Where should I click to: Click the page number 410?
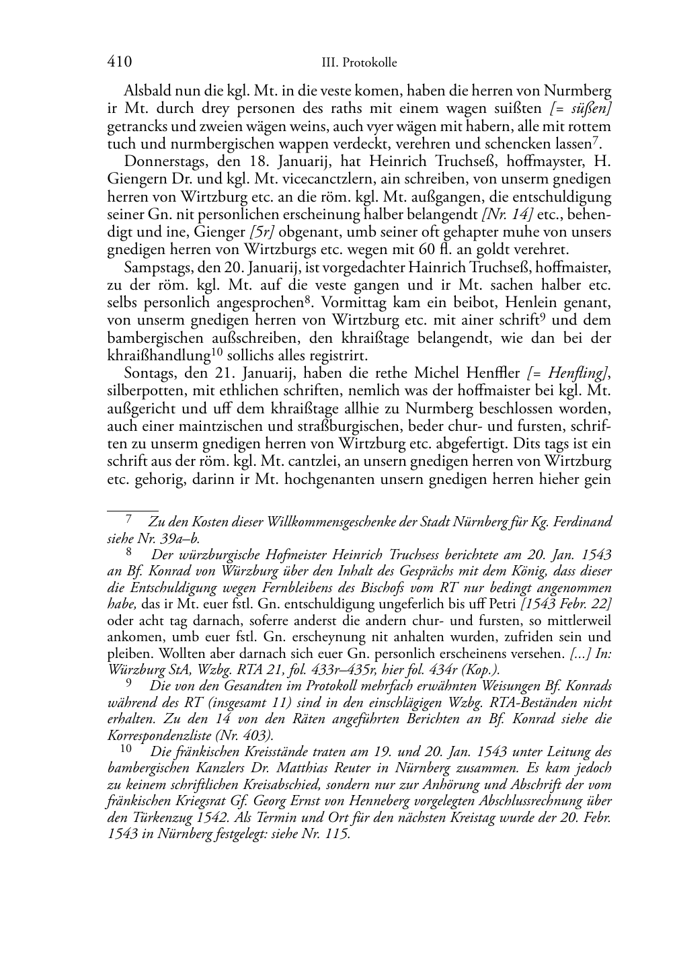(x=119, y=63)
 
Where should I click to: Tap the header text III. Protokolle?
(x=359, y=63)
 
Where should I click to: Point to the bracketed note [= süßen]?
(x=584, y=109)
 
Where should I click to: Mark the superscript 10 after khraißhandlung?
(x=217, y=352)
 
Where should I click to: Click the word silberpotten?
(x=145, y=390)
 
